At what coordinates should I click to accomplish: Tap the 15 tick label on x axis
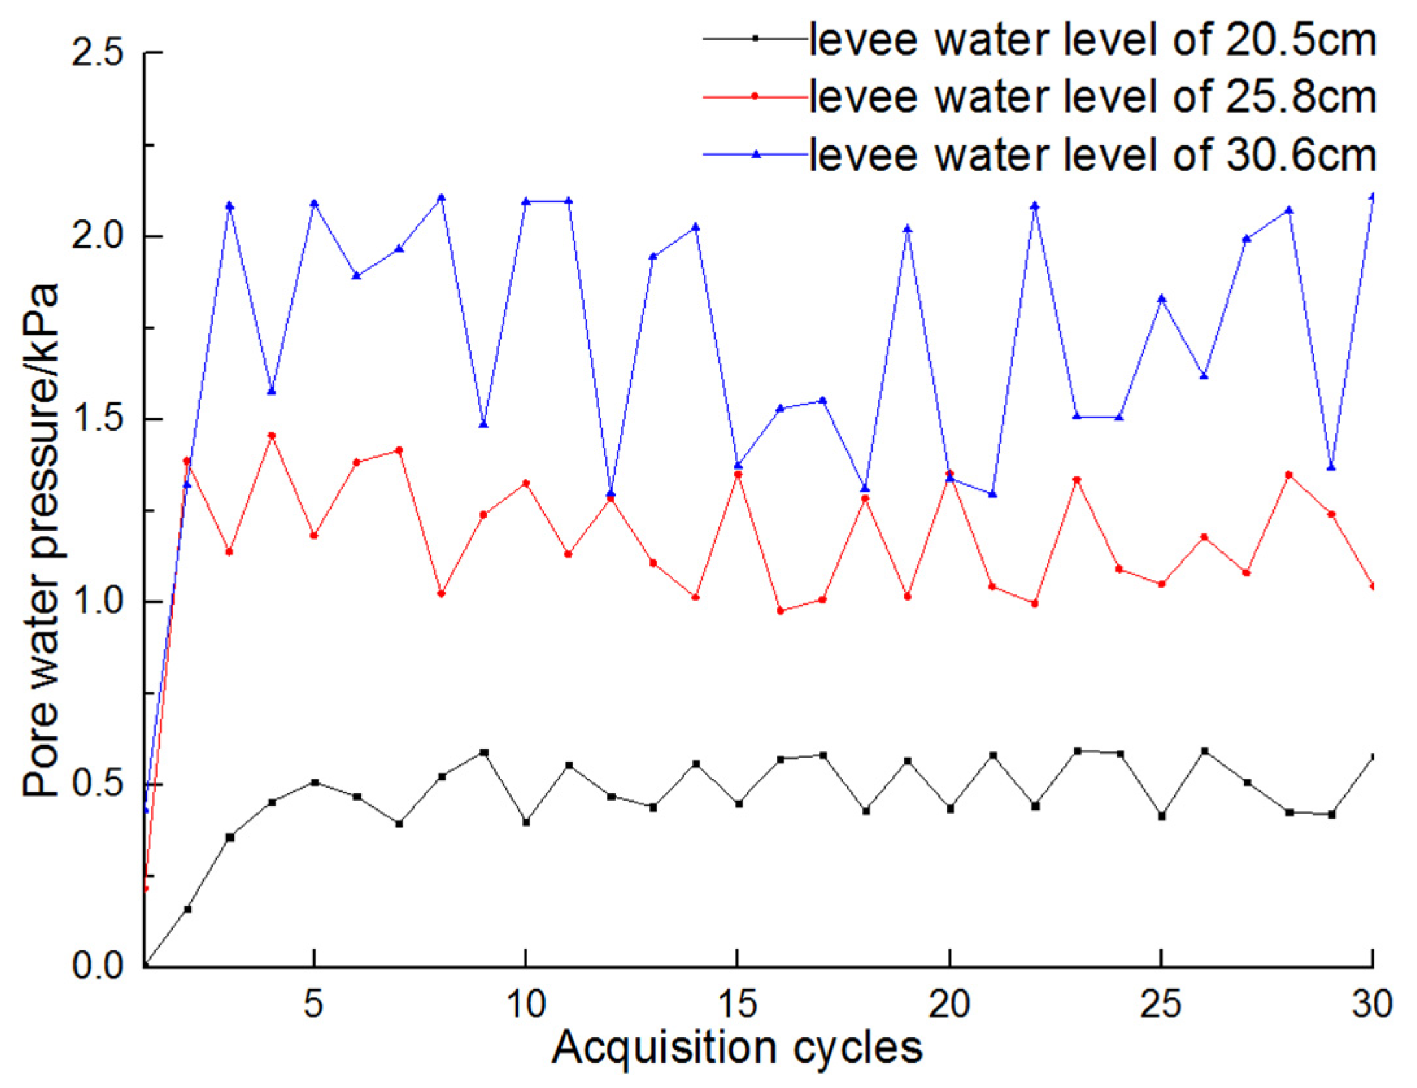(738, 1004)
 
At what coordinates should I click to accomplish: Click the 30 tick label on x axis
(1372, 1004)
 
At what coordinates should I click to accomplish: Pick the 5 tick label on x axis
(313, 1004)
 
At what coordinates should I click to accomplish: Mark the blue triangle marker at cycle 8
(441, 197)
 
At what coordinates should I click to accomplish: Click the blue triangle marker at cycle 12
(611, 493)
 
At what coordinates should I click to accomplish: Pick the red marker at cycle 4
(272, 435)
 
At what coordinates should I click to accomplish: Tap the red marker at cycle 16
(781, 610)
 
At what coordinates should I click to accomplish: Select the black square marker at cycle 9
(483, 753)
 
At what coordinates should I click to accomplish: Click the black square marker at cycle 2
(188, 910)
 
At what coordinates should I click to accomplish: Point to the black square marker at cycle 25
(1161, 816)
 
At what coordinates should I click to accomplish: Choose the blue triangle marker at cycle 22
(1035, 206)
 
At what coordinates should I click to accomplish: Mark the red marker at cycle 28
(1289, 475)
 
